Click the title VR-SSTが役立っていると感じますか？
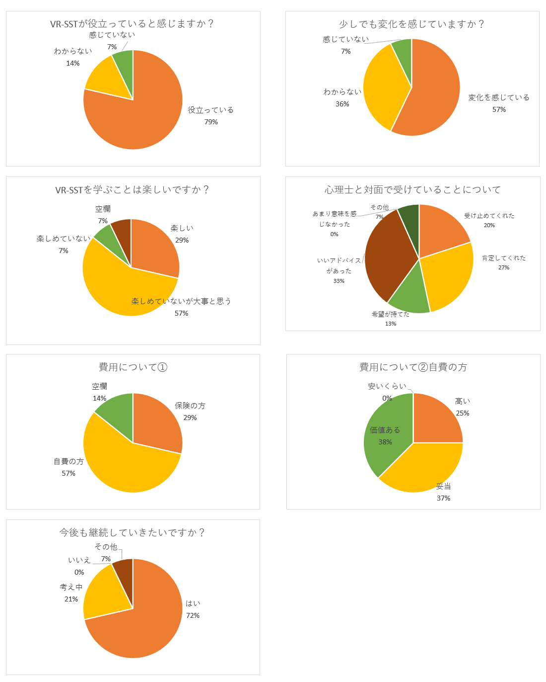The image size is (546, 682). click(x=133, y=23)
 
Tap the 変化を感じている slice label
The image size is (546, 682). click(x=499, y=97)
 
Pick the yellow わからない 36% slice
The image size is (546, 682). click(x=382, y=89)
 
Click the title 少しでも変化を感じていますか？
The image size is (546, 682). click(x=412, y=24)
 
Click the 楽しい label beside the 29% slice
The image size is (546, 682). click(x=182, y=228)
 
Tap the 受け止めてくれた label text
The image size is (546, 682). click(x=489, y=216)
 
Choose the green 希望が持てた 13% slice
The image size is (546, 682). click(x=409, y=293)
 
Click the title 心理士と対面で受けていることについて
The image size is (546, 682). click(x=412, y=189)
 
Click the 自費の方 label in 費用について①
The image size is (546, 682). click(x=68, y=461)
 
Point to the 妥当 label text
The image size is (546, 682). click(x=443, y=486)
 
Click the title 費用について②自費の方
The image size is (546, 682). click(x=413, y=367)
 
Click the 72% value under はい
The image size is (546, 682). click(x=193, y=615)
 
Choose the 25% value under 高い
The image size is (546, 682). click(x=462, y=413)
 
